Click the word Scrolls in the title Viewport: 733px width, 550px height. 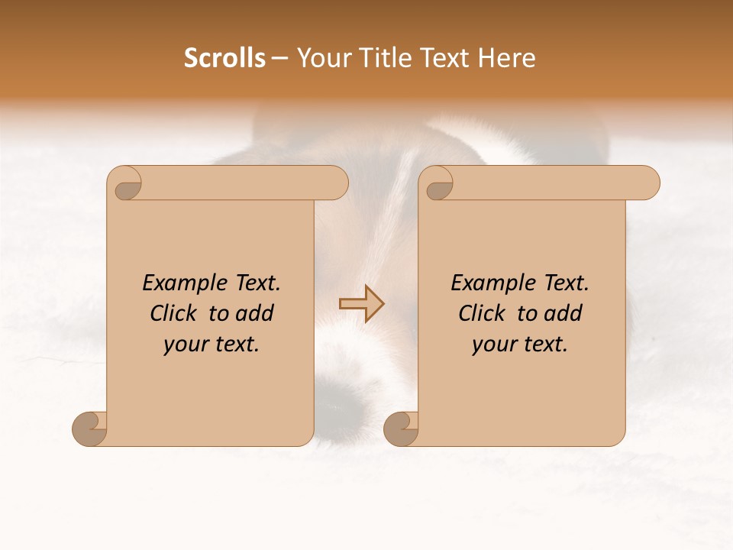click(x=224, y=58)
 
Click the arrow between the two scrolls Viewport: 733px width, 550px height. click(x=361, y=303)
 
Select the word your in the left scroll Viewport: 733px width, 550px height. click(x=184, y=345)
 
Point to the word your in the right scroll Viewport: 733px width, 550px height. click(x=492, y=345)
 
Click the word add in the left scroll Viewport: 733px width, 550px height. click(x=255, y=314)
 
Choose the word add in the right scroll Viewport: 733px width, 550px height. click(x=563, y=314)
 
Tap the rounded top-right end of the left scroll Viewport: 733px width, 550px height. click(x=336, y=183)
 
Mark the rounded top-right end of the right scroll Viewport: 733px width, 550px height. click(x=647, y=183)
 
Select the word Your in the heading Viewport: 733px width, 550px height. click(x=321, y=58)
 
